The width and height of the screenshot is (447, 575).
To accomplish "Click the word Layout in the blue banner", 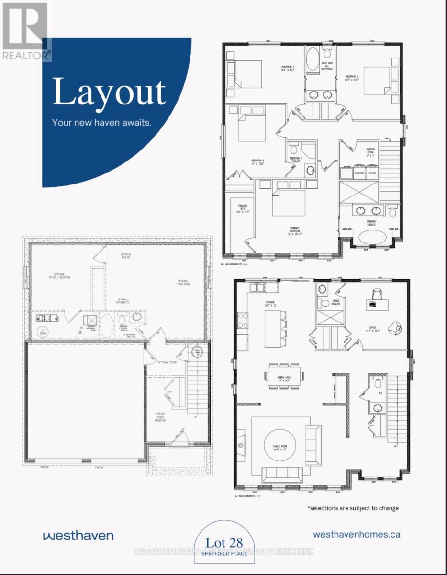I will point(109,92).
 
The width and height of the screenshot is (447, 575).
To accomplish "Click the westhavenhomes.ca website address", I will point(357,534).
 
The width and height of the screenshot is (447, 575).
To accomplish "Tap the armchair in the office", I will point(397,328).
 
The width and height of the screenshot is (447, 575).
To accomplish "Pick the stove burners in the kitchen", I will point(242,320).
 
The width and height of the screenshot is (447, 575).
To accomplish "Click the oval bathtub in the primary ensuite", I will point(372,237).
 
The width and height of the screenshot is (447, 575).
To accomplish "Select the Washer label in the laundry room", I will point(359,173).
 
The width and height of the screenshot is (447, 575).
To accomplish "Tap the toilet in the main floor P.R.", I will point(378,384).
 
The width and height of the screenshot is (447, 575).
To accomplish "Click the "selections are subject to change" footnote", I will point(353,508).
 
